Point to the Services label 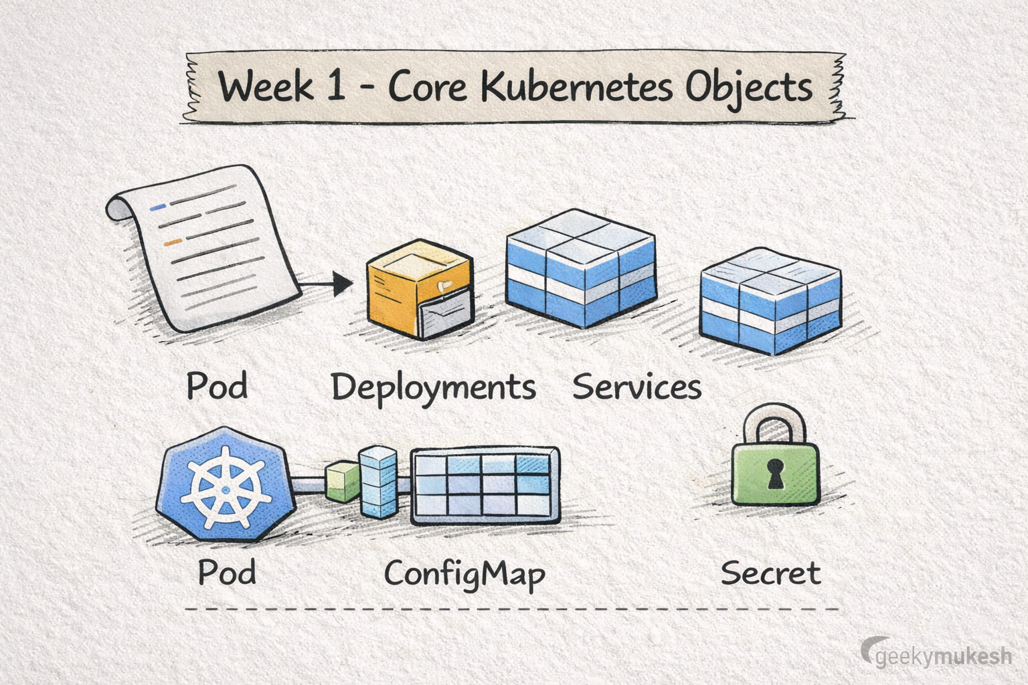[x=636, y=387]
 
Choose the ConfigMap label [x=464, y=574]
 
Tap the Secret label [x=770, y=573]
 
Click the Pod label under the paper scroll [x=217, y=386]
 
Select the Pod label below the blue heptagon [x=227, y=573]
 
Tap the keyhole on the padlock [x=775, y=472]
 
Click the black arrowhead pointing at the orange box [x=342, y=284]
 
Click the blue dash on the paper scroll [x=158, y=208]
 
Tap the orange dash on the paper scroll [x=173, y=241]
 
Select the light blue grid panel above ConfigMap [x=485, y=485]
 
